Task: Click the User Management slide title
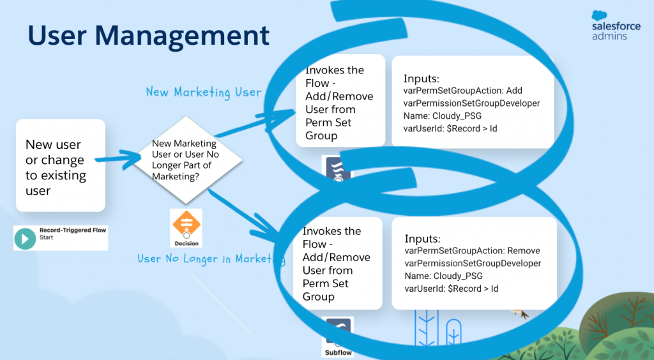pos(148,36)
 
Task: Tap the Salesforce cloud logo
pos(600,16)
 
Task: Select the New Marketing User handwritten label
pos(204,92)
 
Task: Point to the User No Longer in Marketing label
pos(211,259)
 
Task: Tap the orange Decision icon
pos(186,223)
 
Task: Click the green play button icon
pos(26,238)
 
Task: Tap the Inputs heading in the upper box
pos(421,79)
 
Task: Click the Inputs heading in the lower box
pos(422,238)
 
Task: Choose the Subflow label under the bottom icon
pos(337,352)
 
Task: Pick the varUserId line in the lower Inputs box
pos(451,289)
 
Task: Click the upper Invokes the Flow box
pos(339,102)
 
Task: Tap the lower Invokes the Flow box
pos(337,263)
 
